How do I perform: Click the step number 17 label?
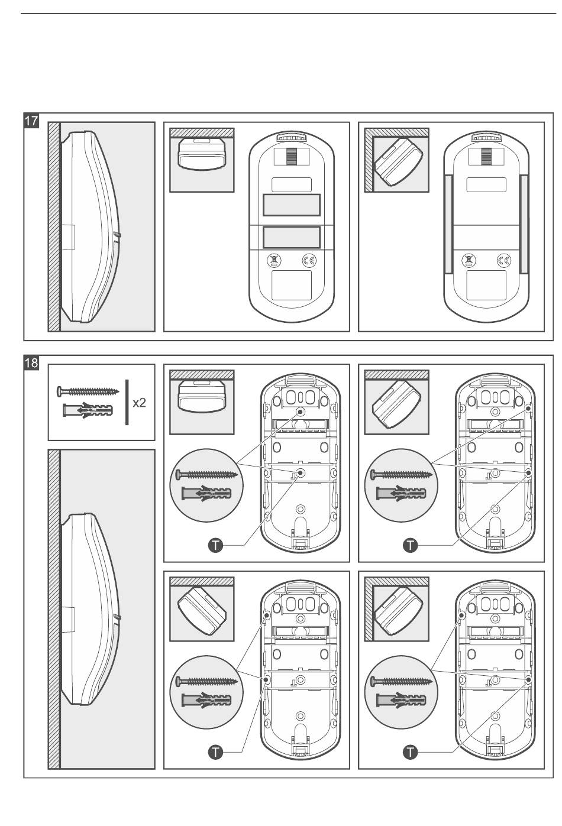31,121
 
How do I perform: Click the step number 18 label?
31,363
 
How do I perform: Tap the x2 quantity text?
140,403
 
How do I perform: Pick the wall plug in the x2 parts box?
87,410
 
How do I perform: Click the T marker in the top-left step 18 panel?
216,545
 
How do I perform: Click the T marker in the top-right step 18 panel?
410,545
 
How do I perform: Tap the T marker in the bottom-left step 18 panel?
216,752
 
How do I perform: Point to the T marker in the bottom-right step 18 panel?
410,752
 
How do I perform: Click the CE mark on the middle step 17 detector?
309,261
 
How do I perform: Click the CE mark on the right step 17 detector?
504,261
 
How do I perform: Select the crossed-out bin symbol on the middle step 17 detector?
274,261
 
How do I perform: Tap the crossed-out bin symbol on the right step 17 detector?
469,261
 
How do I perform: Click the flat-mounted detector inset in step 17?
202,154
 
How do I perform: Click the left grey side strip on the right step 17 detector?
448,223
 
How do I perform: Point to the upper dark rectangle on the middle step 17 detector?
292,205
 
